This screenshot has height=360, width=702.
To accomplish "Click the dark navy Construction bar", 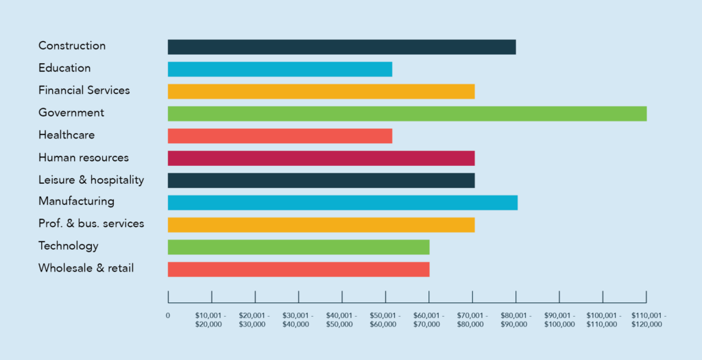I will click(x=341, y=47).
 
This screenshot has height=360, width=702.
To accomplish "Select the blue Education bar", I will click(x=280, y=69).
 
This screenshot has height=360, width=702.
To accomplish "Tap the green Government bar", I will click(x=407, y=114).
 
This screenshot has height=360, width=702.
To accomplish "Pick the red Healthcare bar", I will click(x=280, y=136).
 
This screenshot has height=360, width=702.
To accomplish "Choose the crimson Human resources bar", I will click(x=321, y=158).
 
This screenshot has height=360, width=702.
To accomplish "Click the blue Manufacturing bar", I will click(x=342, y=202).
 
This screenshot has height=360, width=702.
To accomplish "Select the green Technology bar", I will click(x=298, y=247).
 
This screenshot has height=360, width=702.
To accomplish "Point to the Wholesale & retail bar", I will click(x=298, y=269).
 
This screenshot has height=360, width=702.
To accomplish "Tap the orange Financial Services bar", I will click(x=321, y=91).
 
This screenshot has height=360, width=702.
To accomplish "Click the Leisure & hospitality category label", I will click(x=91, y=180).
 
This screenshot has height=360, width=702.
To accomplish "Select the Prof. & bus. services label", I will click(x=91, y=224).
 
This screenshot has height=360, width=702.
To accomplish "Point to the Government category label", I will click(x=71, y=112).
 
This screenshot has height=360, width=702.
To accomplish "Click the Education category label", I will click(x=64, y=68).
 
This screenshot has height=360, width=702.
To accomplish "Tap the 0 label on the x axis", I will click(x=168, y=315).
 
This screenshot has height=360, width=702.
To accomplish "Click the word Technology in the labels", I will click(x=69, y=245).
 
